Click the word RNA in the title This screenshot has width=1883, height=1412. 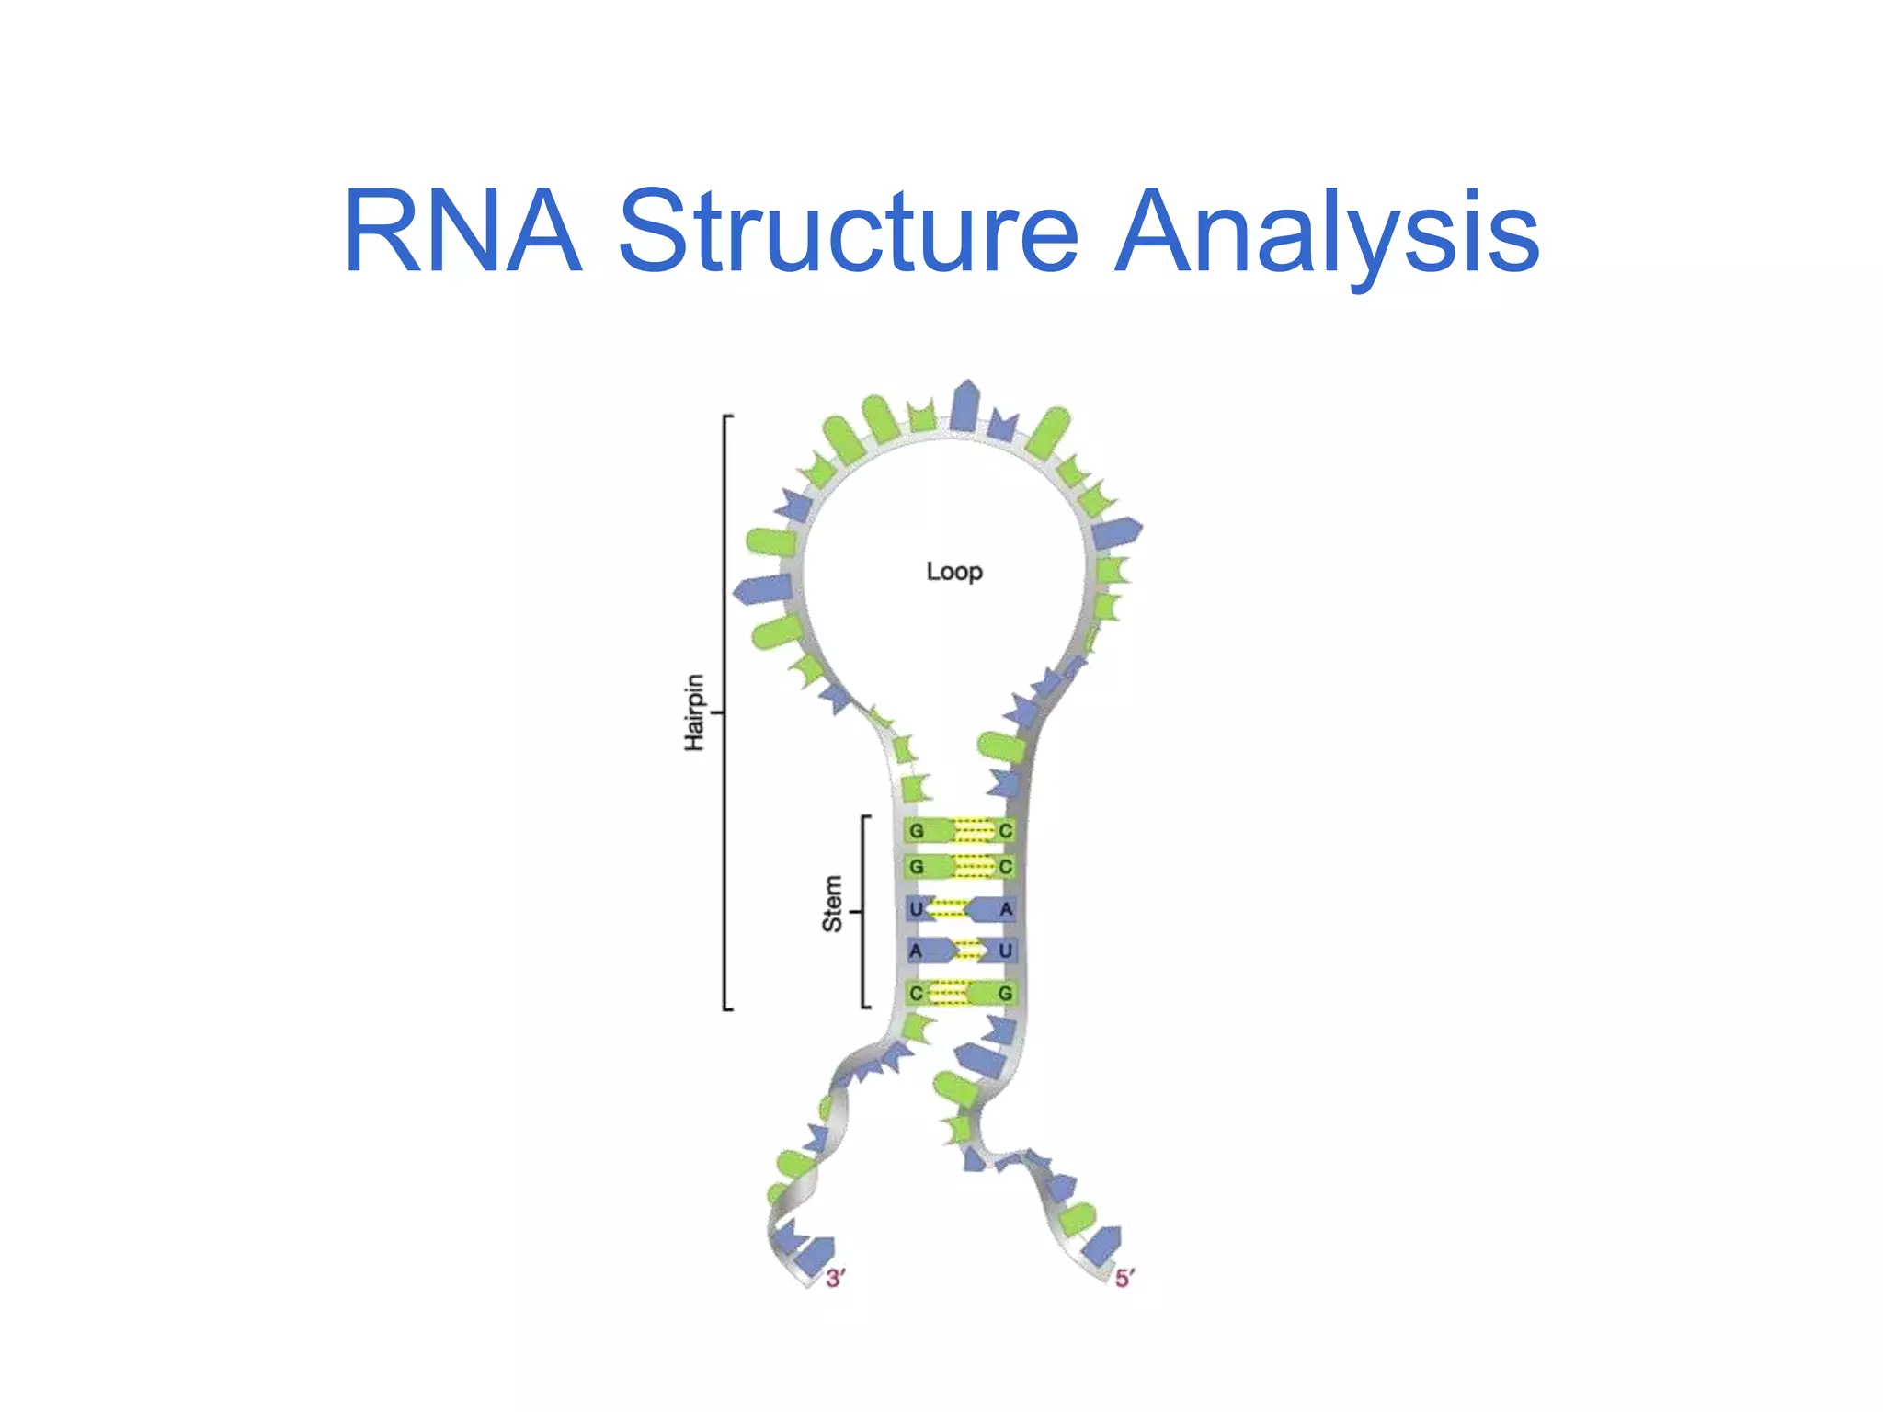point(462,232)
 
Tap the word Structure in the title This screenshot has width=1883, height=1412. point(848,232)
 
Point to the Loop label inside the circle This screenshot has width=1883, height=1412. point(954,572)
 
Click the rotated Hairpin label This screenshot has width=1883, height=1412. point(695,712)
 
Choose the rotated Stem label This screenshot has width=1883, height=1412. point(832,904)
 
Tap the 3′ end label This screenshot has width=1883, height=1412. point(835,1278)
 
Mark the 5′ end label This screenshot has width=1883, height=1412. point(1124,1278)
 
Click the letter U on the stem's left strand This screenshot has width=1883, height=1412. point(916,910)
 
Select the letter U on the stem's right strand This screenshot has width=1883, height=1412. point(1005,951)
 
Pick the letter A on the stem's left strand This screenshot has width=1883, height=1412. point(916,951)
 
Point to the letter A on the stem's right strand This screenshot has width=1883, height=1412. point(1006,910)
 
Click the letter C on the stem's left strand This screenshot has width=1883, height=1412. point(916,994)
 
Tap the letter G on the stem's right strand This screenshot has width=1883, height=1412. point(1005,994)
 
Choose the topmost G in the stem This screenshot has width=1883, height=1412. point(916,831)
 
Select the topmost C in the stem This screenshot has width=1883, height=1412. point(1005,831)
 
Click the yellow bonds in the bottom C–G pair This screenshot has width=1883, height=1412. point(949,994)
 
